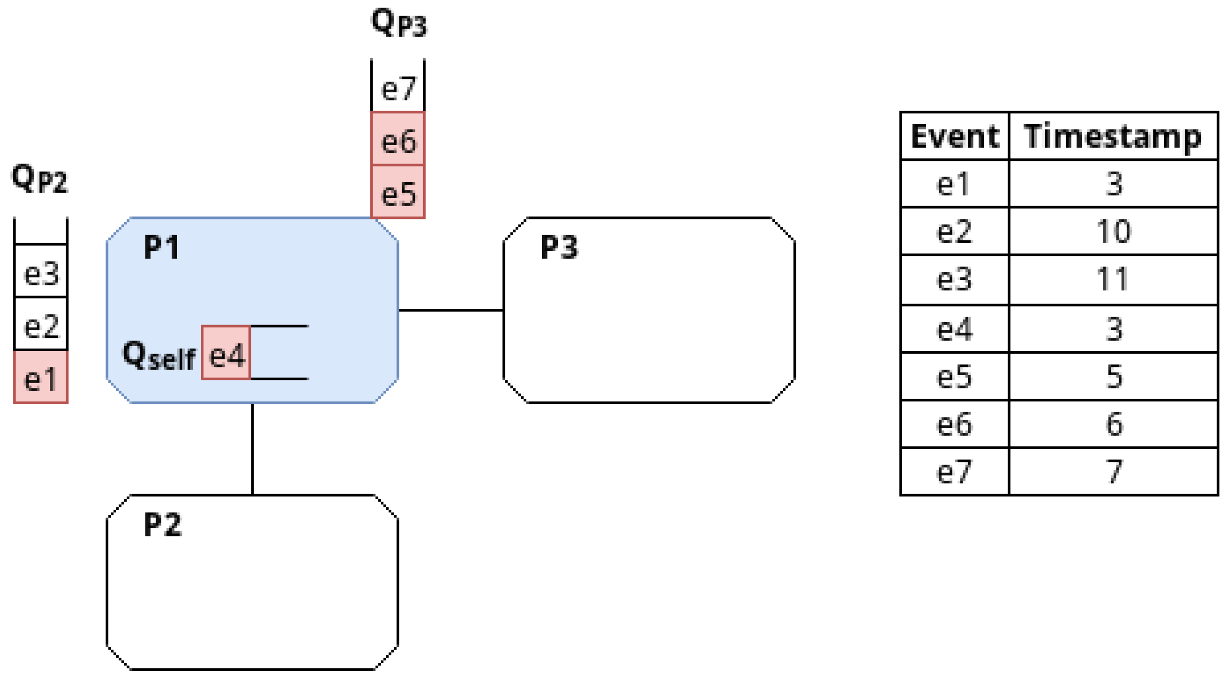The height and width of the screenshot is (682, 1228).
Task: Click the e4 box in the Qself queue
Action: [226, 353]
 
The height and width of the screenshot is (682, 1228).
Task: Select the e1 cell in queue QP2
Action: [41, 377]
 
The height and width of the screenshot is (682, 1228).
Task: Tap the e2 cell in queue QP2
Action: [41, 325]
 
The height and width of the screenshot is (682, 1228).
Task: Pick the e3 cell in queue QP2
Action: [41, 272]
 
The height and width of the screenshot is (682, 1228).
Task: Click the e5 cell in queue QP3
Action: [398, 192]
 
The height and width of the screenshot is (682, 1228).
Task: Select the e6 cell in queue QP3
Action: [398, 139]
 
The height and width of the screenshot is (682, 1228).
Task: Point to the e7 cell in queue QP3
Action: [398, 87]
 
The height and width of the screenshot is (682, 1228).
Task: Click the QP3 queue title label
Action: [399, 23]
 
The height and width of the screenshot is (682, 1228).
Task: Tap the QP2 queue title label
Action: [40, 178]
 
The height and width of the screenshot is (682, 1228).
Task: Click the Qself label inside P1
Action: [159, 356]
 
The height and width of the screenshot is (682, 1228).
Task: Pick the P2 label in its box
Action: [163, 525]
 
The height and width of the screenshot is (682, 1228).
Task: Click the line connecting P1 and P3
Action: [450, 310]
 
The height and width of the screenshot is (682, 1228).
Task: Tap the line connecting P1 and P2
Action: [252, 449]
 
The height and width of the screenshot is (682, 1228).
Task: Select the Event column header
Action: [955, 137]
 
